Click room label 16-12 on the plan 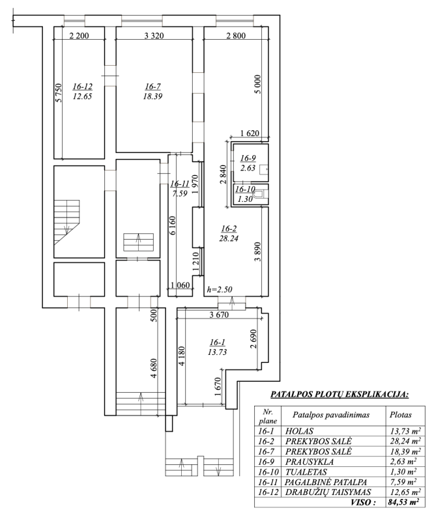[83, 87]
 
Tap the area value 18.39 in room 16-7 [152, 96]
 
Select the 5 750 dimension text [59, 92]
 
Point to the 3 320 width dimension [154, 36]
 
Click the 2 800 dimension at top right [236, 36]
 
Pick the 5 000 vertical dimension [258, 85]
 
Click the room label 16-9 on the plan [248, 158]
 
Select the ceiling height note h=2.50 [220, 289]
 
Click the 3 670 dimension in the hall [219, 315]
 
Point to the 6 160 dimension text [172, 225]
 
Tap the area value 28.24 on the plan [229, 238]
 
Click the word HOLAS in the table [299, 431]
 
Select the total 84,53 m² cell [403, 501]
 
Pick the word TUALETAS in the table [306, 472]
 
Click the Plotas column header [401, 415]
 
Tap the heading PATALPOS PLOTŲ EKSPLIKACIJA [339, 395]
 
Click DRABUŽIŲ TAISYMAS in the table [328, 492]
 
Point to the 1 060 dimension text [180, 285]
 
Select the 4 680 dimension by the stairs [153, 368]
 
